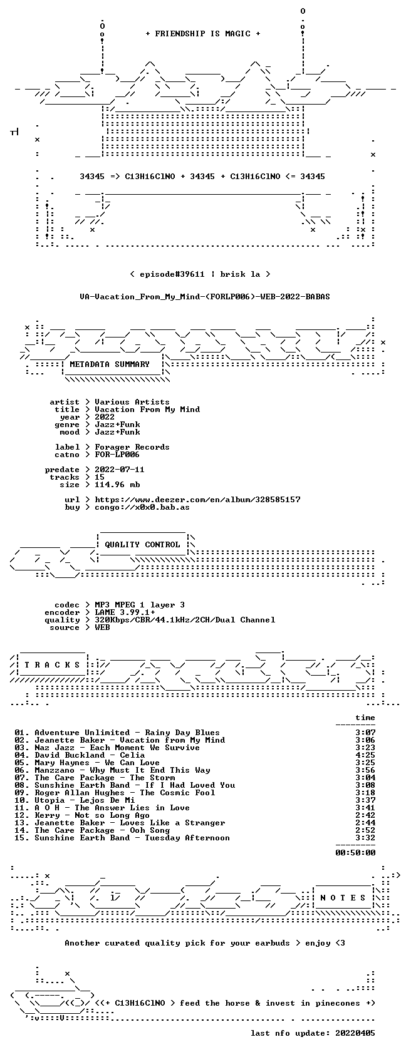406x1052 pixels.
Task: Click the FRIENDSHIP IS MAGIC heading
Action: coord(203,34)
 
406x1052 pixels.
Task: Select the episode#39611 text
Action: coord(172,274)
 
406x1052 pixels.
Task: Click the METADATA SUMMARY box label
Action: coord(110,364)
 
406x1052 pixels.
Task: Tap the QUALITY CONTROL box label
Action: coord(142,545)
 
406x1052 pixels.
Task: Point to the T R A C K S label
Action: coord(52,665)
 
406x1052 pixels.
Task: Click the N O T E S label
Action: coord(343,898)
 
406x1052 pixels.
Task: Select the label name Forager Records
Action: coord(132,447)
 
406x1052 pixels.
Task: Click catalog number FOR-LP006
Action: coord(117,455)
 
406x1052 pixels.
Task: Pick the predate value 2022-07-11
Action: coord(120,470)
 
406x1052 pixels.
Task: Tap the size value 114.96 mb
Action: coord(118,485)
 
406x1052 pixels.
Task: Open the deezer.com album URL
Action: coord(197,500)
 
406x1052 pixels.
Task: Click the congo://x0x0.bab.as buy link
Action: coord(142,507)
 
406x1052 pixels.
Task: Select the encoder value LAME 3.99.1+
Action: coord(125,612)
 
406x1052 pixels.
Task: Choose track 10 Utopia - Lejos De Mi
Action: coord(75,800)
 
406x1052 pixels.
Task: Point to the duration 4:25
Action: coord(365,755)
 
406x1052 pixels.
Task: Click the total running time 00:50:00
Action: coord(355,853)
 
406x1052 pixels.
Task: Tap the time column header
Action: coord(365,718)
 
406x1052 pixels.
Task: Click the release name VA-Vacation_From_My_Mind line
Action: coord(205,297)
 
